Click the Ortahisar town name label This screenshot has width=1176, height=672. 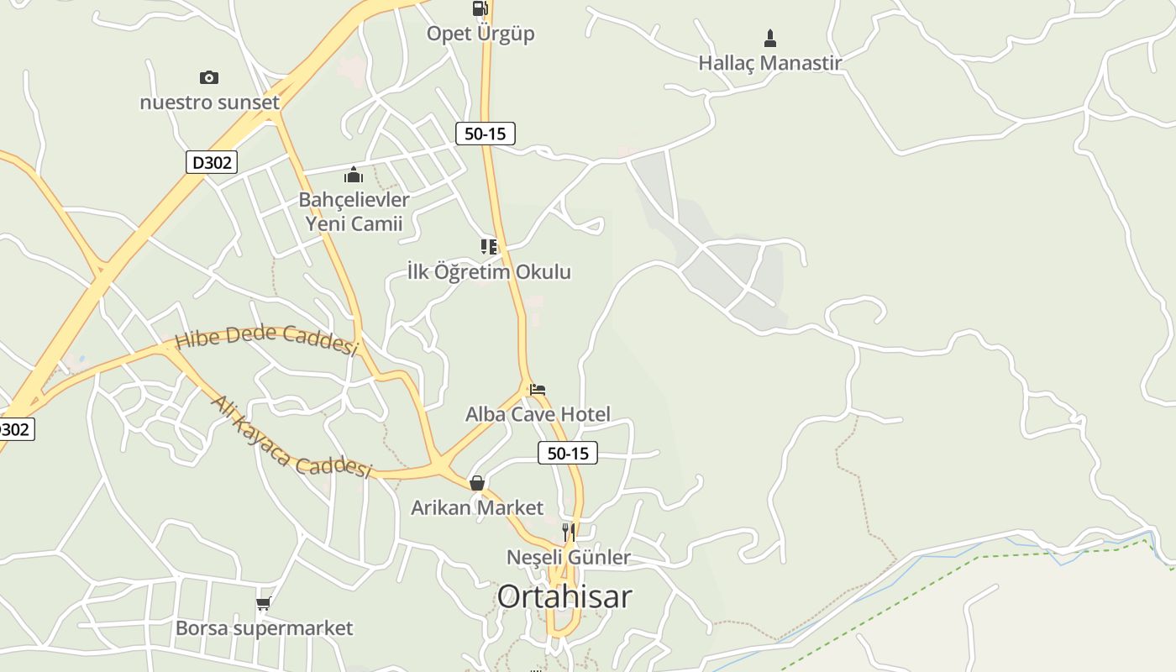[564, 596]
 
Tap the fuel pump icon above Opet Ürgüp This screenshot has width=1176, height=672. [480, 8]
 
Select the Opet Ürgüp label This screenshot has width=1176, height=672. [480, 34]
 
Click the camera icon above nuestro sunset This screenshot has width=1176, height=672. [209, 77]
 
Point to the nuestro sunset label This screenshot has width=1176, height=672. [209, 102]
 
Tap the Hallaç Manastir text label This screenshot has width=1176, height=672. [769, 62]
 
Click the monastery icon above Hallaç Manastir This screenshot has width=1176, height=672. [769, 39]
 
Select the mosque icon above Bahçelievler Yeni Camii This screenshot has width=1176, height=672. [354, 175]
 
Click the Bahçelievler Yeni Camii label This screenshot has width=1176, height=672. [354, 212]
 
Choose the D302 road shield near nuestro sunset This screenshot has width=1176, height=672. [212, 162]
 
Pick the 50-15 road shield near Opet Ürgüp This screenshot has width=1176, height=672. [486, 133]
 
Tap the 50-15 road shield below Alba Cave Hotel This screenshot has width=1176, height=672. [568, 454]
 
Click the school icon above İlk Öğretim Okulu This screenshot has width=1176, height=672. [489, 246]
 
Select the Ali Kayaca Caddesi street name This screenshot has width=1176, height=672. [291, 437]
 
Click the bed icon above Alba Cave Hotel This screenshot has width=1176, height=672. [538, 390]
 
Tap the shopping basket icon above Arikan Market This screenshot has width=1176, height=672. [477, 483]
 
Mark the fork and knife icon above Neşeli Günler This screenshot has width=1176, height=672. [569, 533]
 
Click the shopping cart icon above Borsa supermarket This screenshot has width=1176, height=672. [264, 603]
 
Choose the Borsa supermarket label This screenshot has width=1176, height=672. [264, 628]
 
